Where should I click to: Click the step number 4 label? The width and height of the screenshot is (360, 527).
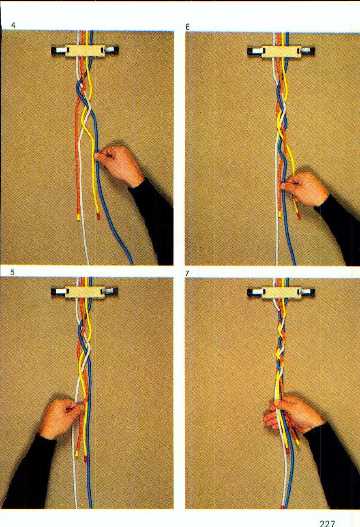click(13, 25)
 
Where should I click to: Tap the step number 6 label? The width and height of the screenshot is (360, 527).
click(187, 27)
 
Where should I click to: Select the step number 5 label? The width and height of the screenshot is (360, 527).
click(13, 272)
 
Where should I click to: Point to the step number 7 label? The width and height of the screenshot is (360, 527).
click(187, 274)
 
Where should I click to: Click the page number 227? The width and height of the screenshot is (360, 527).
click(327, 523)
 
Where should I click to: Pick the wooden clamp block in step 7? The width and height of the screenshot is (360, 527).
click(281, 292)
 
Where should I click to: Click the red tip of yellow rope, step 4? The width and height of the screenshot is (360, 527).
click(98, 217)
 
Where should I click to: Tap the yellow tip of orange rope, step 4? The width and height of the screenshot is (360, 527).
click(78, 218)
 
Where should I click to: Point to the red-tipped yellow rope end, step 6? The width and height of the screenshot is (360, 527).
click(299, 216)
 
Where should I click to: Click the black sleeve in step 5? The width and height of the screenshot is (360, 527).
click(28, 474)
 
